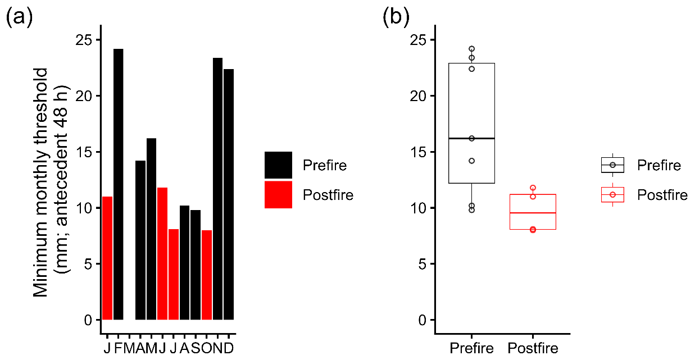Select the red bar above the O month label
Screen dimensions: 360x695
pyautogui.click(x=207, y=275)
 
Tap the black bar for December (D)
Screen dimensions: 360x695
pyautogui.click(x=229, y=194)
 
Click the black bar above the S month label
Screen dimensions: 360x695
pyautogui.click(x=196, y=265)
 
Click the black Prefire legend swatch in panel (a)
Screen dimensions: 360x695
pyautogui.click(x=278, y=165)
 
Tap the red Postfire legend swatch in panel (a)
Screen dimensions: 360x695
pyautogui.click(x=278, y=195)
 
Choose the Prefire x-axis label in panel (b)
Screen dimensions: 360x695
pyautogui.click(x=471, y=348)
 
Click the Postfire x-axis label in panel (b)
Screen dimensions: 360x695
pyautogui.click(x=533, y=348)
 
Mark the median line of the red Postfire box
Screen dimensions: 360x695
pyautogui.click(x=533, y=213)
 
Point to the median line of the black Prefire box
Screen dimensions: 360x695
pyautogui.click(x=471, y=138)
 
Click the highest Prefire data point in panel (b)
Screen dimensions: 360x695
pyautogui.click(x=472, y=49)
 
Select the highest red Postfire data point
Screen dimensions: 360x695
pyautogui.click(x=533, y=188)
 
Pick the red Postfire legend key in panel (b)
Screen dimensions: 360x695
pyautogui.click(x=612, y=194)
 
